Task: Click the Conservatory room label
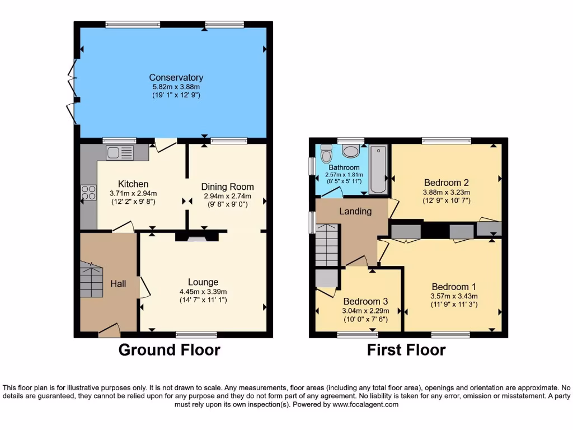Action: (176, 77)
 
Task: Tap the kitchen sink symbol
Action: (120, 153)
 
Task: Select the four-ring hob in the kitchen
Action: (88, 193)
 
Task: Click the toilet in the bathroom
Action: (326, 153)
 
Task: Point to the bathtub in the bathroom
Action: (379, 169)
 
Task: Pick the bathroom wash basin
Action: (351, 151)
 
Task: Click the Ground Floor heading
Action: (169, 350)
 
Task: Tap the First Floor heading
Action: (406, 350)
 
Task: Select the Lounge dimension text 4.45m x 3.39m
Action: (203, 291)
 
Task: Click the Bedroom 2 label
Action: (446, 183)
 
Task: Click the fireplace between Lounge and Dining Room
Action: (196, 237)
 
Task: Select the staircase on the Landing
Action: (327, 245)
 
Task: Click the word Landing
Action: (355, 211)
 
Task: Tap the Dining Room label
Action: (227, 186)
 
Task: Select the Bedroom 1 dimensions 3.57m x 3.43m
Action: (454, 296)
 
